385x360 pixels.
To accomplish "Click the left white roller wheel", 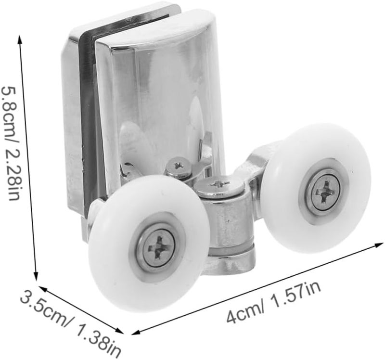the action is coord(147,243).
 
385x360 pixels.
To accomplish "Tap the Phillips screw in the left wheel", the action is coord(159,247).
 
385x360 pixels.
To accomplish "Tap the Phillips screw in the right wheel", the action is coord(326,191).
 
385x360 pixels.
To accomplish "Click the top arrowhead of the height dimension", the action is coord(20,39).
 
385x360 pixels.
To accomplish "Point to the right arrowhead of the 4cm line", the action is coord(379,244).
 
